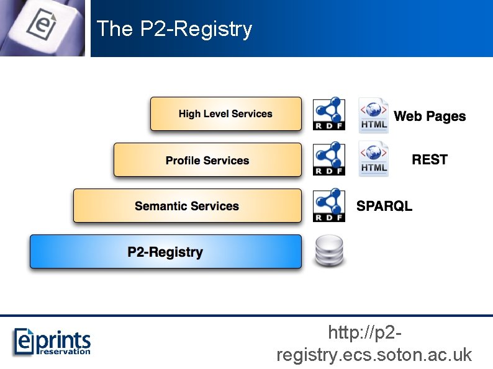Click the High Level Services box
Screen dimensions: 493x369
[x=225, y=114]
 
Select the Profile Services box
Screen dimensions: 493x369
[x=207, y=160]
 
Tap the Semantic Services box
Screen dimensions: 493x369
[x=187, y=206]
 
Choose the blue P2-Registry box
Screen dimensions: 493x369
[x=165, y=252]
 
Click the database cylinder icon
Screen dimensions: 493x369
[x=328, y=251]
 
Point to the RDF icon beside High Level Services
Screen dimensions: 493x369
[x=328, y=114]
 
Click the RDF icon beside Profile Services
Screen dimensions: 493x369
[x=328, y=160]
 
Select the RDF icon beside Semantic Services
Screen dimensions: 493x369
[x=328, y=206]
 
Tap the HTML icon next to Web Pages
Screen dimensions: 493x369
[x=373, y=115]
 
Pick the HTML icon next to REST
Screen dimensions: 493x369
[x=373, y=159]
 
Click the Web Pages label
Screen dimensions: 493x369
[x=430, y=116]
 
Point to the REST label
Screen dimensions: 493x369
[x=430, y=159]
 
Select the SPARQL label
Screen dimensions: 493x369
[x=384, y=206]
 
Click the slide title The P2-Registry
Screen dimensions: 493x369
[x=174, y=29]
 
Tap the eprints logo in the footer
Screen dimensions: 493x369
[x=52, y=341]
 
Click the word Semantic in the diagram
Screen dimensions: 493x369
[x=161, y=206]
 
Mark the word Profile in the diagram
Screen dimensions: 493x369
[x=183, y=160]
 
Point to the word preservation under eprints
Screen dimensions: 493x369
[x=65, y=352]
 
